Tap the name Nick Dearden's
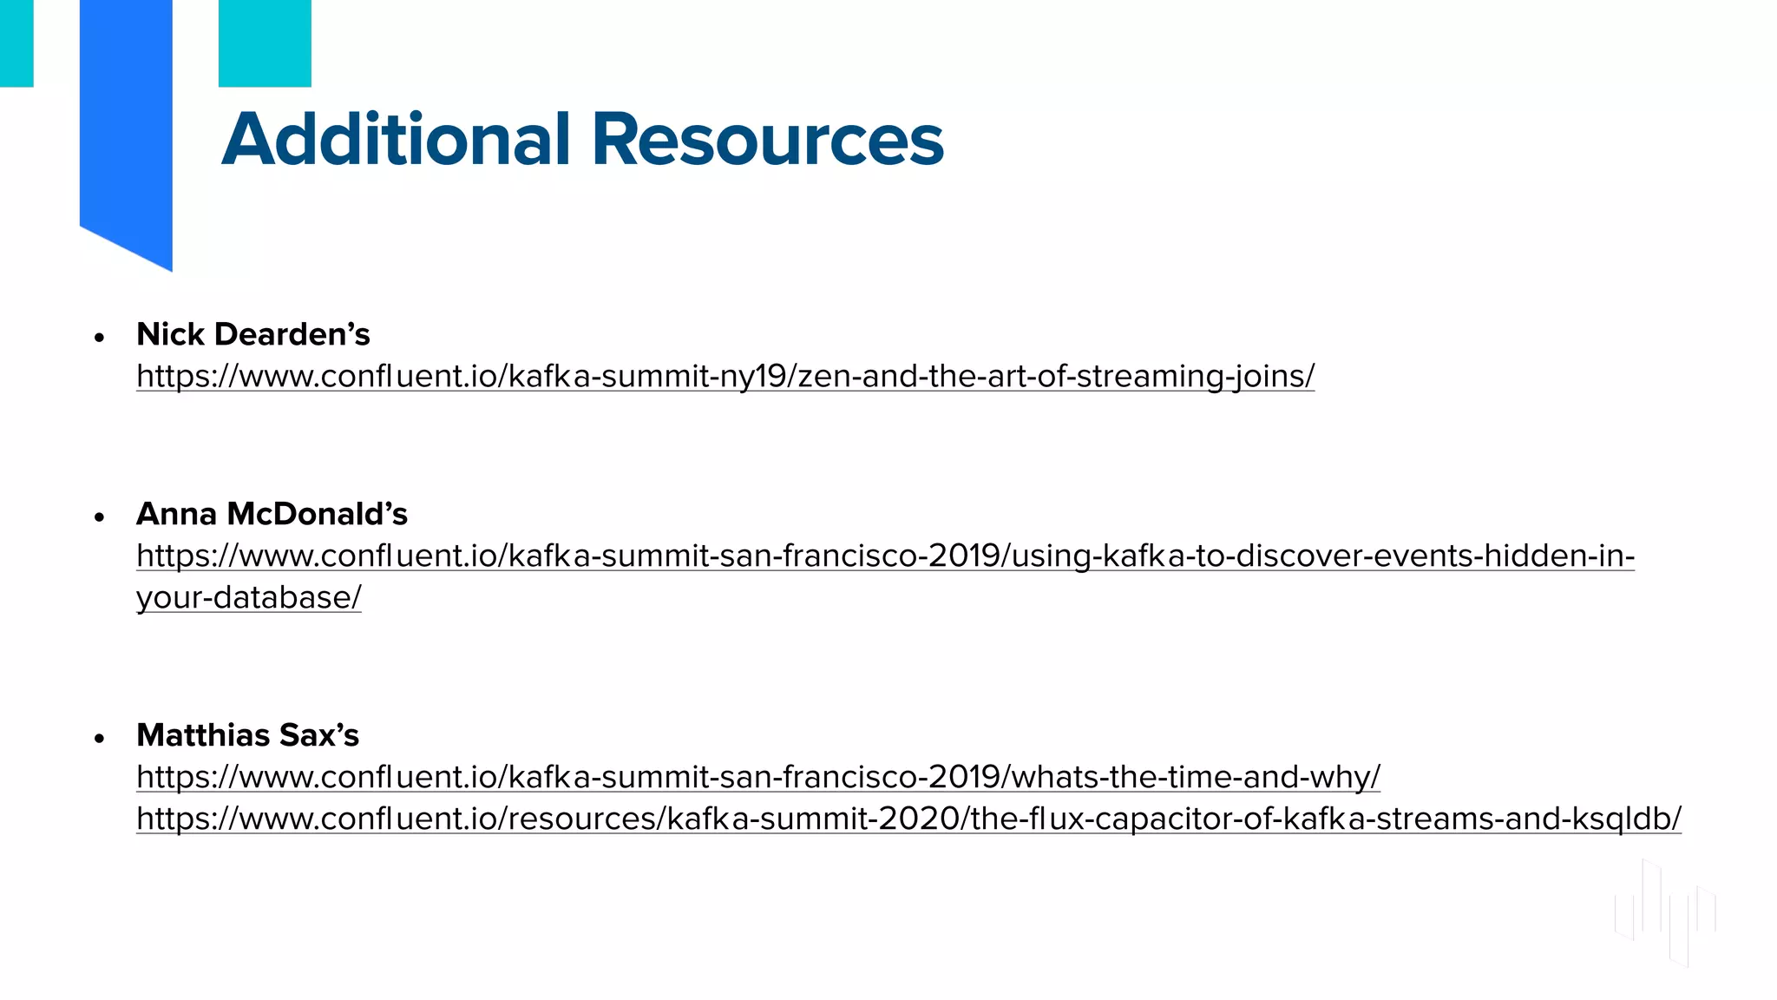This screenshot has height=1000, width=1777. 253,334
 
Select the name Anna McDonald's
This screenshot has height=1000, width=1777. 272,514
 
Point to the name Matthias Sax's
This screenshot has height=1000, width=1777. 247,735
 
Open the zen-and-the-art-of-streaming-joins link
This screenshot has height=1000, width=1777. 725,376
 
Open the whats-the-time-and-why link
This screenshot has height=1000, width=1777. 757,777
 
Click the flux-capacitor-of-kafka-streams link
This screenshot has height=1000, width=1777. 908,819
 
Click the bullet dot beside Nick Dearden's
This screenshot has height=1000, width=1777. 100,337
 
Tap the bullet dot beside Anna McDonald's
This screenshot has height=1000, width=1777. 100,517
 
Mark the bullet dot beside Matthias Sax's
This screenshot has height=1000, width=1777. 100,739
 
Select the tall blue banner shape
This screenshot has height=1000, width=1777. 126,122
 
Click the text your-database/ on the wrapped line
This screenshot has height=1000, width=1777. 249,597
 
